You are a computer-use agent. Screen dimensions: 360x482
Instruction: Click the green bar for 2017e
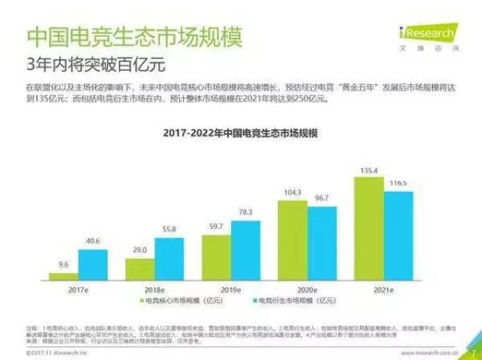63,276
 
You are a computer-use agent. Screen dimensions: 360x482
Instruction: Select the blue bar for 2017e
93,265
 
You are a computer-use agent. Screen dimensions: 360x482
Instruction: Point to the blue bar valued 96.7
322,243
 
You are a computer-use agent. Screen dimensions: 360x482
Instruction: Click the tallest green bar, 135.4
368,228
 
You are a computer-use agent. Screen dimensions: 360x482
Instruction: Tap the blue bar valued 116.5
398,236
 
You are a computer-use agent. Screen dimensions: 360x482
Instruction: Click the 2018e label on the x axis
154,288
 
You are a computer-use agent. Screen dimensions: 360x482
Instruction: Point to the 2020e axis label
307,288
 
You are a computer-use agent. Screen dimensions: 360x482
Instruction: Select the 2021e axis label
383,288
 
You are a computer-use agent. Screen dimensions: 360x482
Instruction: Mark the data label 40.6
92,241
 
